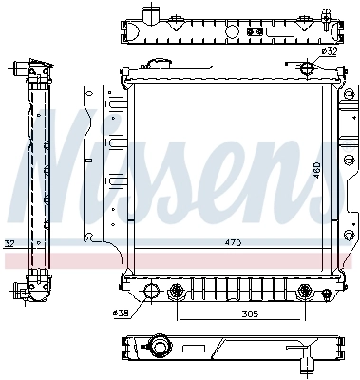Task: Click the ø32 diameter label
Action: click(x=329, y=51)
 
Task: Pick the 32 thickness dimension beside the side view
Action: click(x=9, y=243)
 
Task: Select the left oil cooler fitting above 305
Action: click(x=177, y=292)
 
